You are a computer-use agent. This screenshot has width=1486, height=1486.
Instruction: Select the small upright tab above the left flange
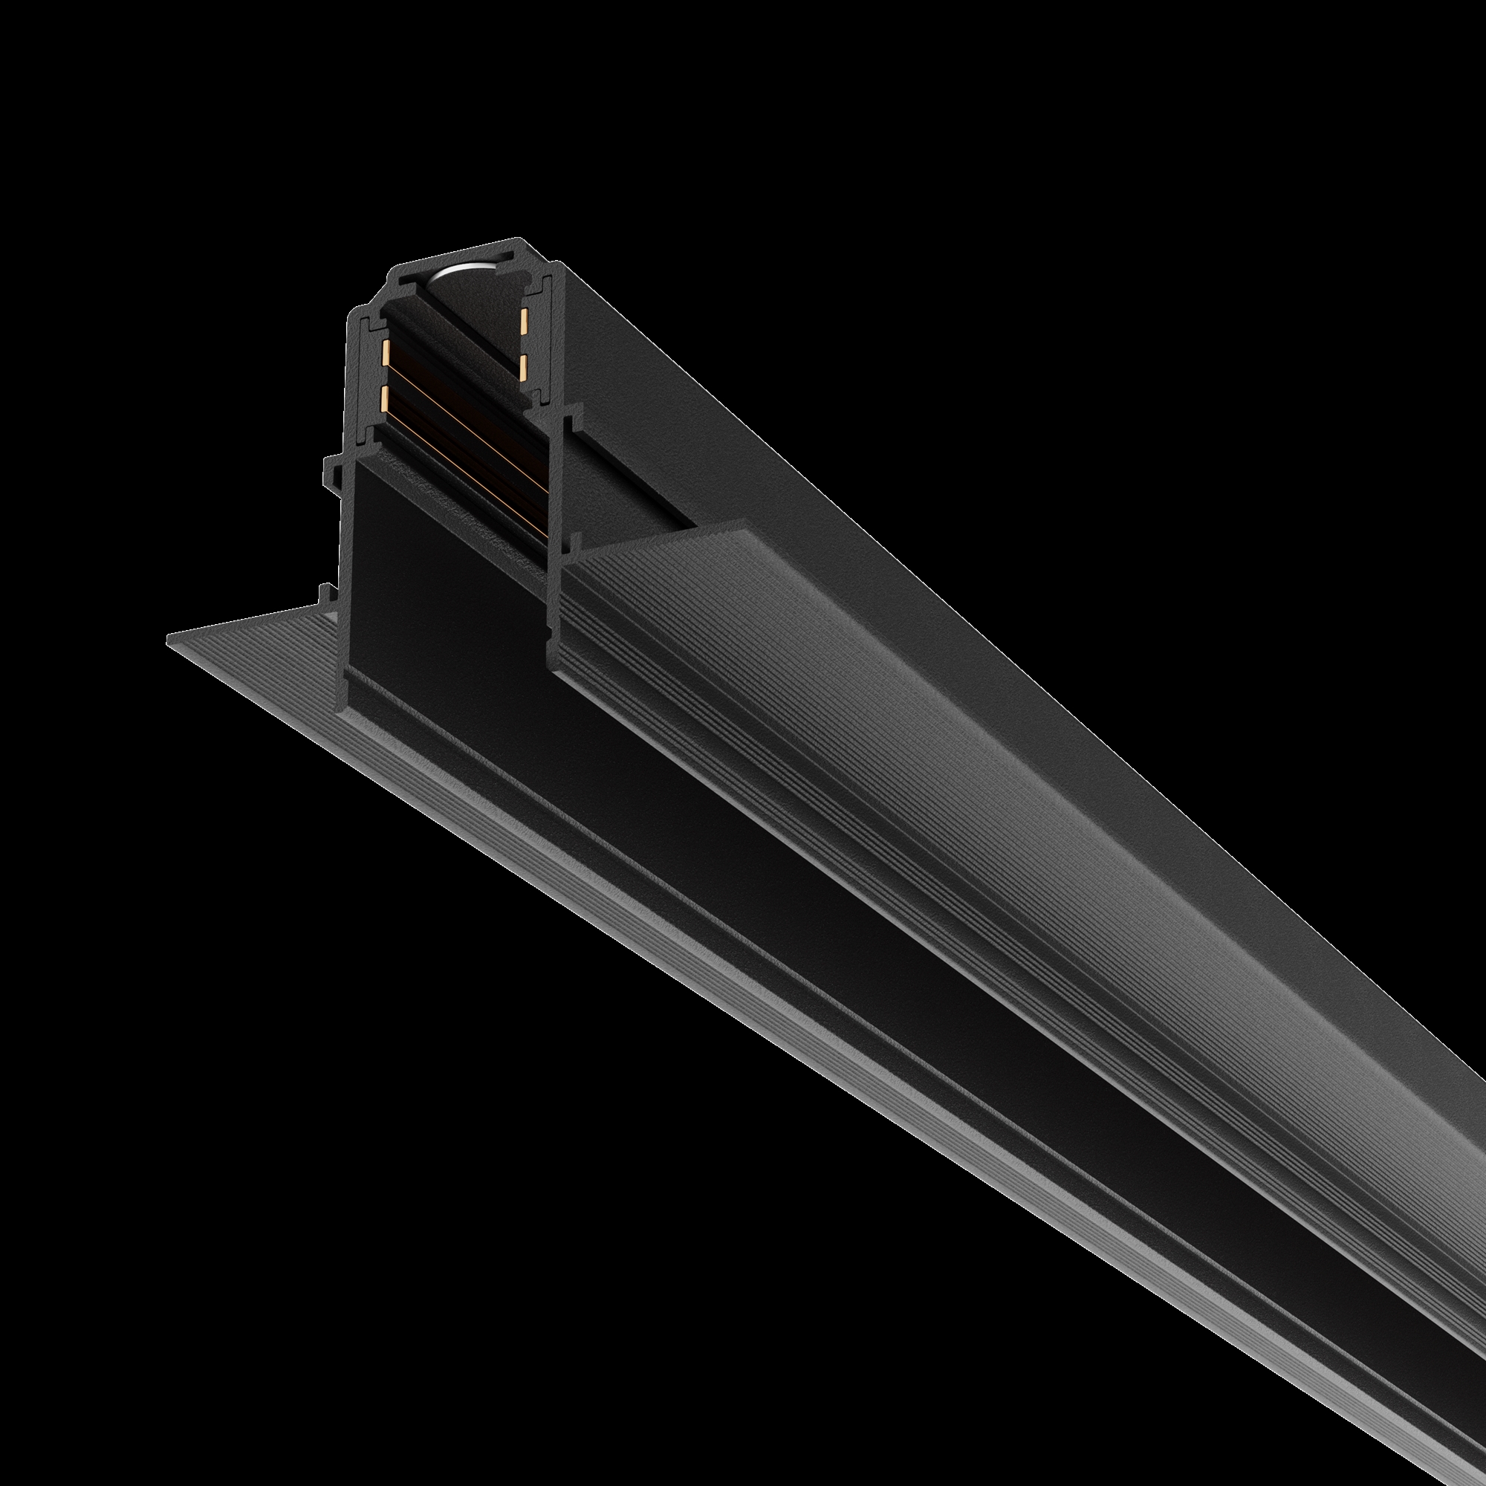point(325,592)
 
